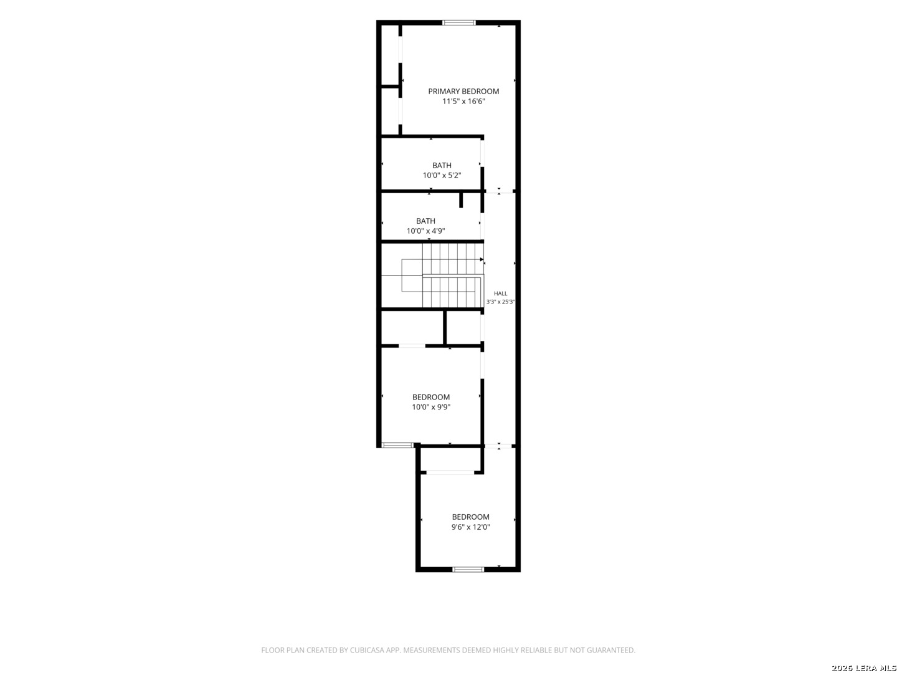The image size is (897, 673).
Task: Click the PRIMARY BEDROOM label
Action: tap(463, 91)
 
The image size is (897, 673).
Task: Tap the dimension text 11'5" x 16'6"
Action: tap(463, 102)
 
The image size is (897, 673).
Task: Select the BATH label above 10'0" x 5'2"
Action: tap(442, 166)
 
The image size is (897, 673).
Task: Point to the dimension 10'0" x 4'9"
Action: tap(425, 231)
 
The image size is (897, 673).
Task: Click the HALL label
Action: tap(501, 294)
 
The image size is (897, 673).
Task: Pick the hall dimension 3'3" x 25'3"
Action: tap(500, 302)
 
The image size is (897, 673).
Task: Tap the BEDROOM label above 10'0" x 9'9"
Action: tap(430, 397)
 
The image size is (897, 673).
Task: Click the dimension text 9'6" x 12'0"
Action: tap(470, 527)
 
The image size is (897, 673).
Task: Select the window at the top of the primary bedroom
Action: tap(459, 22)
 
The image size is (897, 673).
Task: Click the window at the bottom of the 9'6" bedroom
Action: tap(468, 569)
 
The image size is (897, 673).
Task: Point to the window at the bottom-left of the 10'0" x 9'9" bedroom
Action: tap(397, 445)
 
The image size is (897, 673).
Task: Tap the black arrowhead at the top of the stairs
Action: tap(482, 259)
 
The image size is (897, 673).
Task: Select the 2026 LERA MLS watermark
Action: tap(863, 667)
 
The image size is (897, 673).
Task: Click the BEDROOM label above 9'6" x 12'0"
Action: tap(470, 517)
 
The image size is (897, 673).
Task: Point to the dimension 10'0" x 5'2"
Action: tap(442, 176)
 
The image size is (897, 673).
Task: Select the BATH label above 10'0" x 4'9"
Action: tap(425, 221)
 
